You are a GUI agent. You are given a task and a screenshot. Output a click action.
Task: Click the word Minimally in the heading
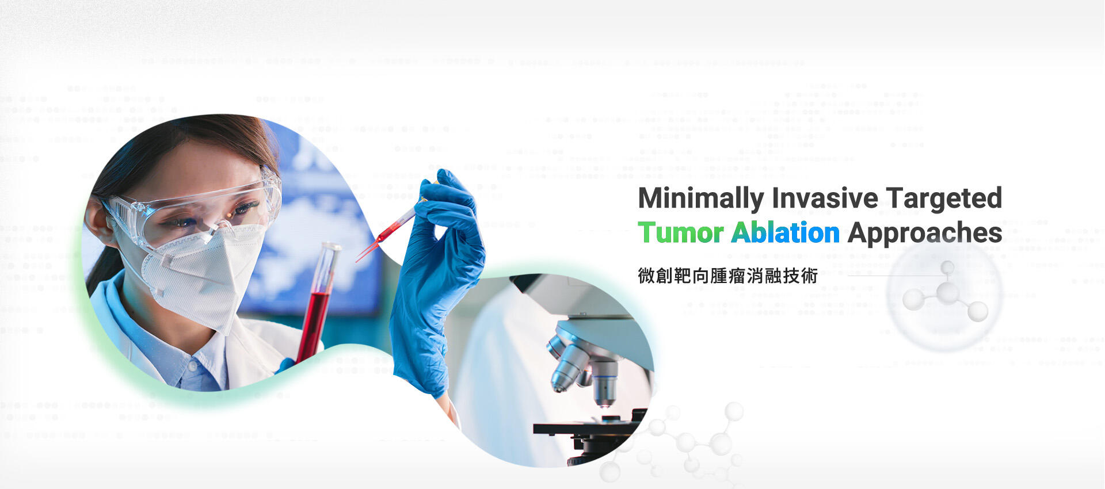coord(701,198)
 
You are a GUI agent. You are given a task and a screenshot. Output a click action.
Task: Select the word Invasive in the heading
coord(825,198)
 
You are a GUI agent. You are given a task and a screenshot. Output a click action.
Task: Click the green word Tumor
coord(681,233)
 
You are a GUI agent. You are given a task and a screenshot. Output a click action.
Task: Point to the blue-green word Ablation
coord(786,232)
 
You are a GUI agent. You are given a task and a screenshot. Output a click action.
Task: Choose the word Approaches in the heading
coord(925,234)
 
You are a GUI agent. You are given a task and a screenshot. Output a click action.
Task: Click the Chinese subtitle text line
coord(727,276)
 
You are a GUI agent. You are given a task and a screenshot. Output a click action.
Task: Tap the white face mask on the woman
coord(201,276)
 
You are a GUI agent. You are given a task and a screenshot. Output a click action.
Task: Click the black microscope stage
coord(587,429)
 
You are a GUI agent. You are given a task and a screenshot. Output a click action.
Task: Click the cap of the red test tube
coord(330,247)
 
